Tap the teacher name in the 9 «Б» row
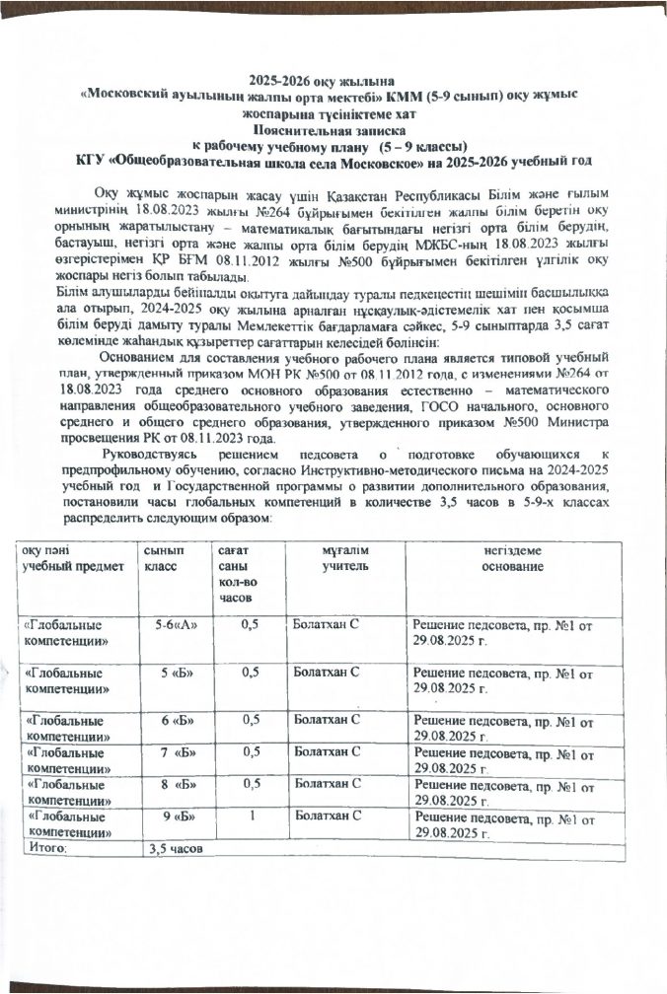[326, 817]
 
